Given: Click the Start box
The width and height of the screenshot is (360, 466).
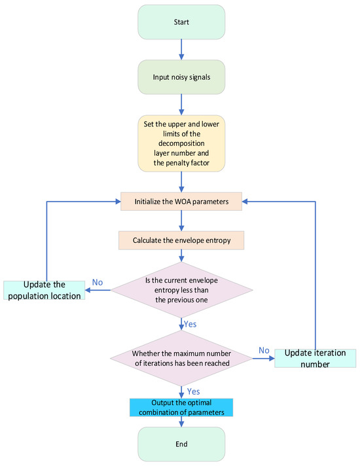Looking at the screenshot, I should click(181, 22).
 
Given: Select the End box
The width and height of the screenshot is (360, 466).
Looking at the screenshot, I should click(181, 444).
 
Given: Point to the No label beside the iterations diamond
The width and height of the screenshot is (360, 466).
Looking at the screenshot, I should click(264, 350).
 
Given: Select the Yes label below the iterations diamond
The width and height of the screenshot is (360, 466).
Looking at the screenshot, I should click(194, 391).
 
